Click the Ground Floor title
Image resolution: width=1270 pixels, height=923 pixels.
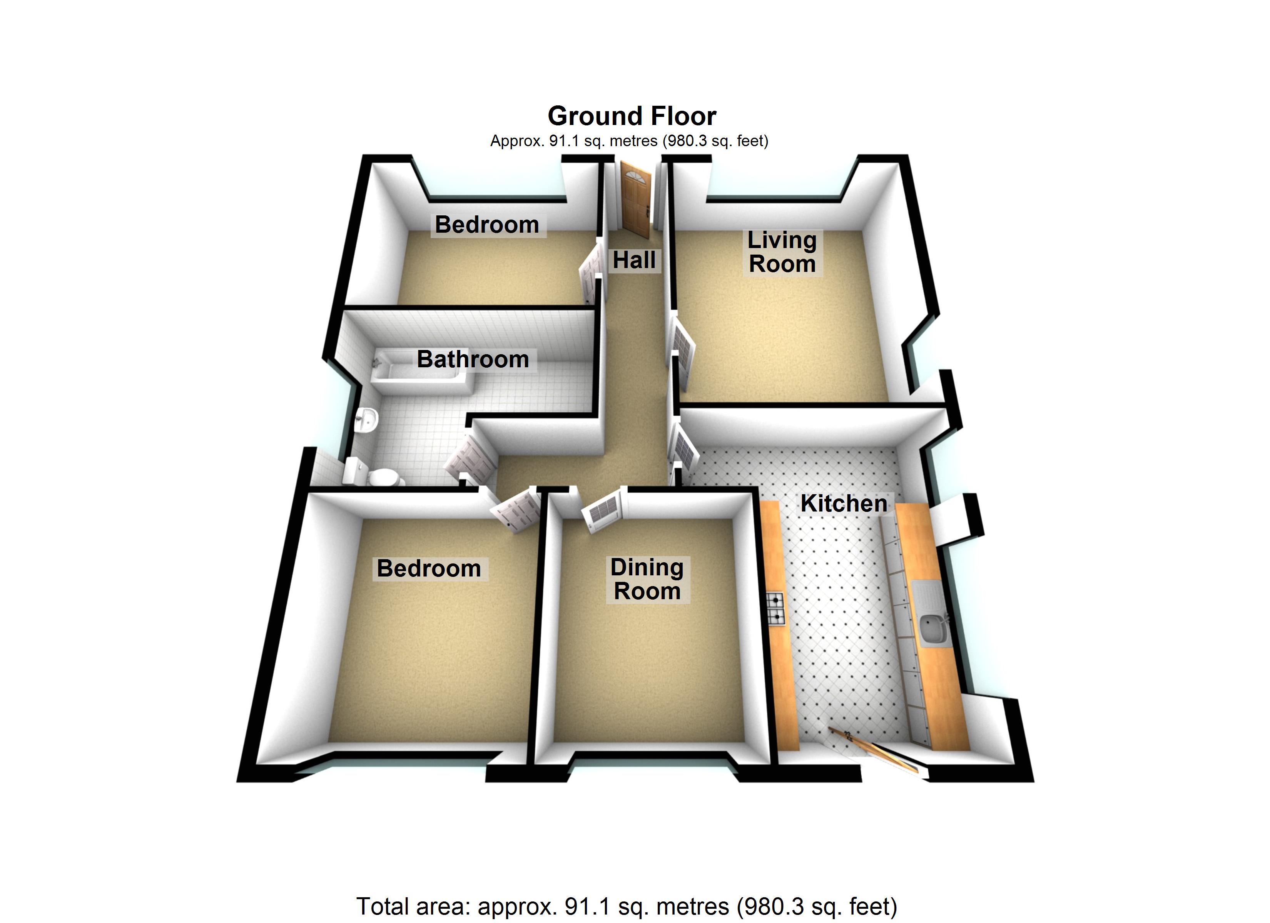(x=632, y=117)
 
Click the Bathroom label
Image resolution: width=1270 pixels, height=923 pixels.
(x=473, y=359)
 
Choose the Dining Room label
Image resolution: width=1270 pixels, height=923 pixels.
(x=647, y=579)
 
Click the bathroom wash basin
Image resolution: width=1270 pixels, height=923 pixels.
(x=367, y=419)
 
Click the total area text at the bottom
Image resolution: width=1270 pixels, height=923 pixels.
(x=627, y=906)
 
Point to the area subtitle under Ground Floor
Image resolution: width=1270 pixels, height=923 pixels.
(x=629, y=141)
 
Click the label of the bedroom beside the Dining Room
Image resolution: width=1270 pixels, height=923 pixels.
(x=429, y=569)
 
